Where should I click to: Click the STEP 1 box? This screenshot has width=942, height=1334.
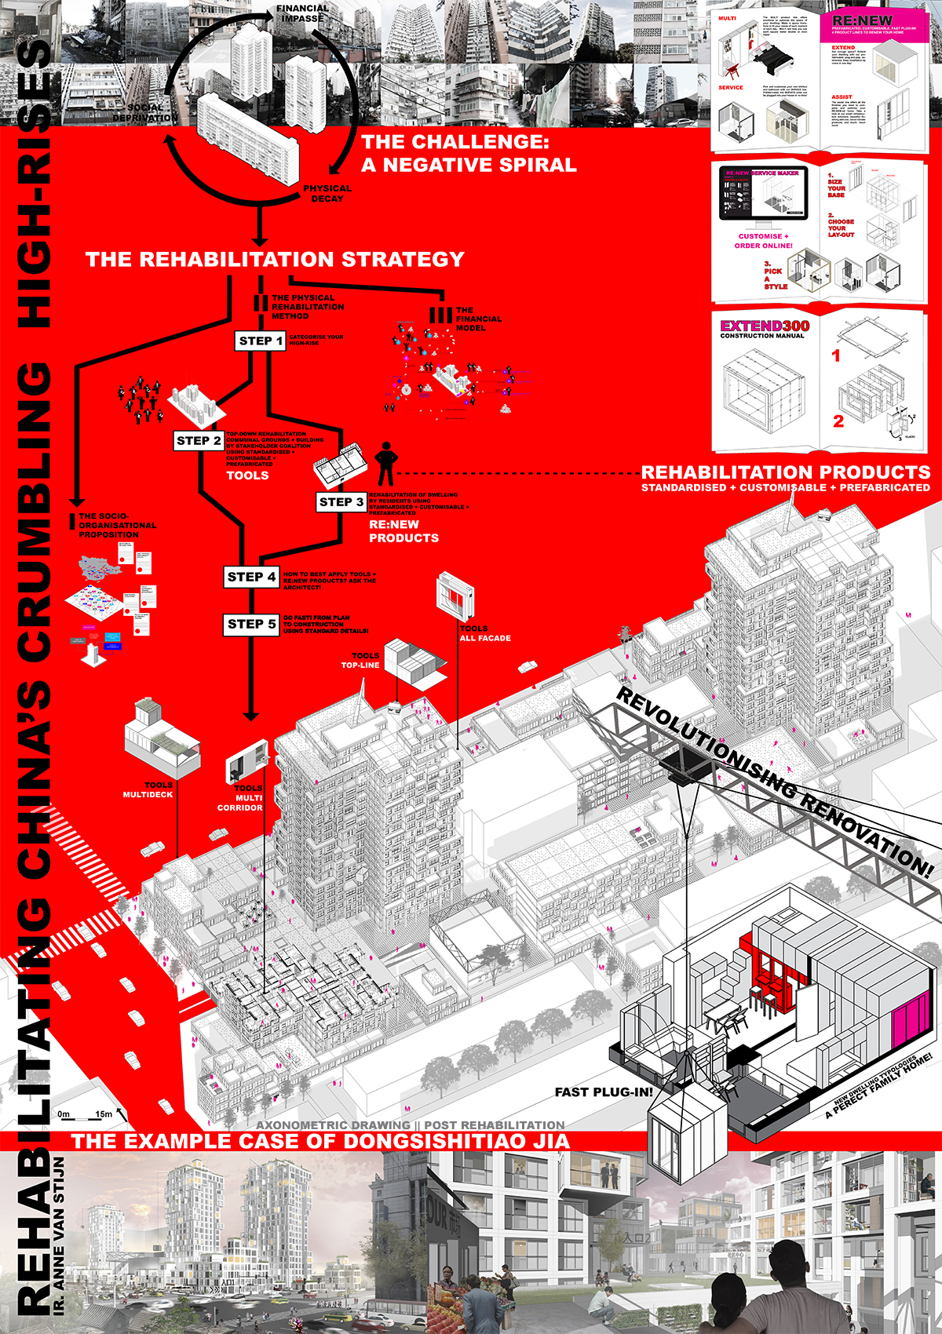tap(261, 341)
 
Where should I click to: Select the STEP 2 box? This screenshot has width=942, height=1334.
tap(199, 441)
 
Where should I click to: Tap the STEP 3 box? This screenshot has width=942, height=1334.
tap(341, 502)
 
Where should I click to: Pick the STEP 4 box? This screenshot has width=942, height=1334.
tap(251, 577)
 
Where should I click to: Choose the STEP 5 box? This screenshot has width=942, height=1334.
tap(251, 625)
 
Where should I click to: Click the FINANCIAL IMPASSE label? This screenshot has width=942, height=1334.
tap(302, 13)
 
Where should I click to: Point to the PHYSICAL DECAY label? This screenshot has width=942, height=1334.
tap(327, 194)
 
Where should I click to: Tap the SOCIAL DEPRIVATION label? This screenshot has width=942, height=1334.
tap(145, 113)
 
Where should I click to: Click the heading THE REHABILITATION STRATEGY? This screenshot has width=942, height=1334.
tap(275, 260)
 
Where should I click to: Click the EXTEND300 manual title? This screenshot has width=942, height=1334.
tap(765, 326)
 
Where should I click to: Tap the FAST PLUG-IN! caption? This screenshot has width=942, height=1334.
tap(604, 1092)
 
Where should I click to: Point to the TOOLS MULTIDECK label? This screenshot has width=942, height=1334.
tap(149, 790)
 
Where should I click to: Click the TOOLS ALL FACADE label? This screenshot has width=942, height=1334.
tap(484, 633)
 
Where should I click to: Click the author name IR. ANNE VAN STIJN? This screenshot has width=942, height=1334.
tap(60, 1224)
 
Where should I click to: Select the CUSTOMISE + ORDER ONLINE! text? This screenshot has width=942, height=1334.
tap(763, 241)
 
